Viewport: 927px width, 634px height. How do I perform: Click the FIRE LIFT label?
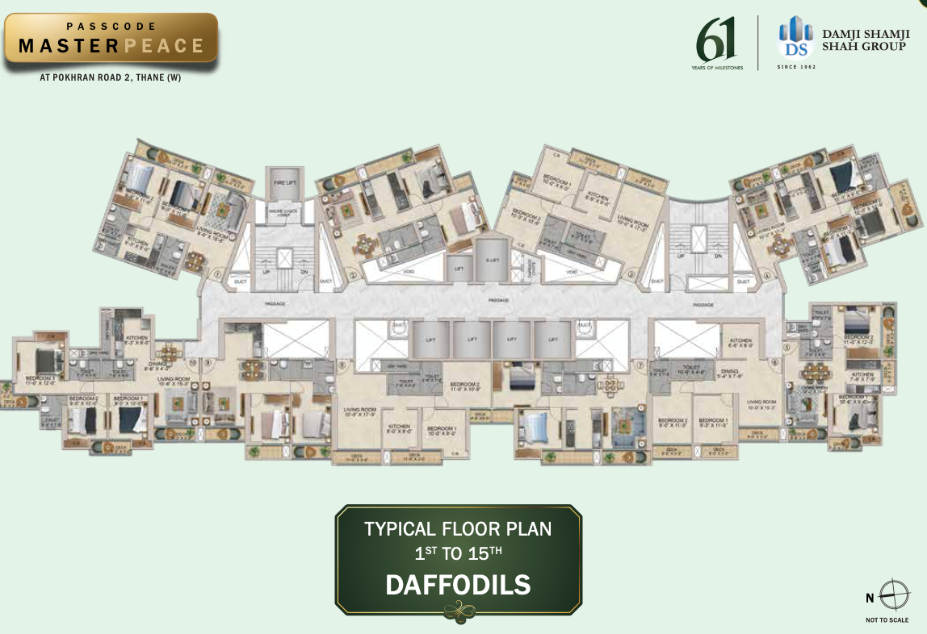(x=284, y=183)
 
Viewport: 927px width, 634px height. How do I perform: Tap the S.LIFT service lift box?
(x=489, y=260)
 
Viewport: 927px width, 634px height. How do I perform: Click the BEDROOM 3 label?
(x=40, y=381)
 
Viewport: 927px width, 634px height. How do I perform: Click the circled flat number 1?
(x=218, y=274)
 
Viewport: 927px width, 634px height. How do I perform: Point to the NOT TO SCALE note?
(x=887, y=620)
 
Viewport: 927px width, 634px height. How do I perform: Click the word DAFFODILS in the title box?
(x=458, y=584)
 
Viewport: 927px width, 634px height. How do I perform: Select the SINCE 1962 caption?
(x=796, y=67)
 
